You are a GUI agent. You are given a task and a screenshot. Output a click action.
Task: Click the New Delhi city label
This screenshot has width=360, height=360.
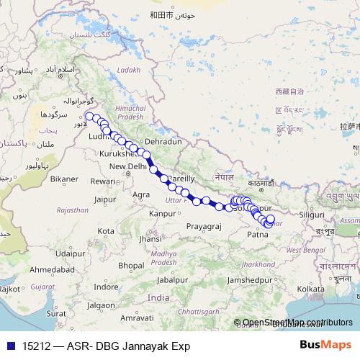tap(128, 167)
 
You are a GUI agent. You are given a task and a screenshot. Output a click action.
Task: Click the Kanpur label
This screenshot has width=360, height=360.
tap(163, 214)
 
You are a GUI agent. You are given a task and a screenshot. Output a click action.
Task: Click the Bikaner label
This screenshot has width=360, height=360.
tap(64, 178)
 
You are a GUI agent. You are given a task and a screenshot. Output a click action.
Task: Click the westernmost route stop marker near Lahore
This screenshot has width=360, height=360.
tap(89, 116)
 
